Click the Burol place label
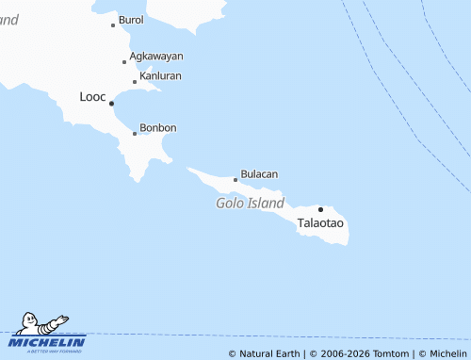click(x=131, y=20)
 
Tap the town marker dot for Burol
click(x=113, y=25)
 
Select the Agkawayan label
click(x=156, y=57)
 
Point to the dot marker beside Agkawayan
click(x=124, y=62)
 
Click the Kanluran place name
click(x=160, y=75)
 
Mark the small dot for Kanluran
click(x=135, y=82)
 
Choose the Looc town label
click(x=93, y=97)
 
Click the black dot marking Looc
click(x=112, y=103)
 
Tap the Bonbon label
click(x=157, y=128)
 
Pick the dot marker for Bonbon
click(x=135, y=134)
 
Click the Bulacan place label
click(x=259, y=174)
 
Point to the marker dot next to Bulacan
click(x=235, y=179)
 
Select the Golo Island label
click(x=250, y=203)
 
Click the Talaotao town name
click(x=320, y=224)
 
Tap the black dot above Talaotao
click(x=320, y=209)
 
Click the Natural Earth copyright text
click(x=265, y=353)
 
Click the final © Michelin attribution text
click(x=442, y=353)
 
